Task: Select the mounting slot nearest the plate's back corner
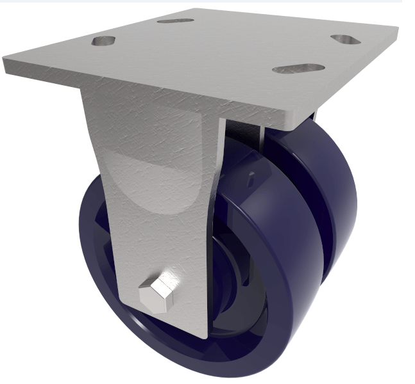point(175,20)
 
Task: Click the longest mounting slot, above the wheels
point(298,68)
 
